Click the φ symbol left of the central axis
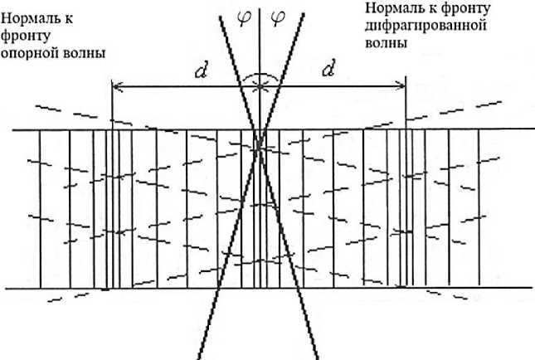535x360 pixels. pyautogui.click(x=243, y=17)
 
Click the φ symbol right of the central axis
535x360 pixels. pyautogui.click(x=277, y=17)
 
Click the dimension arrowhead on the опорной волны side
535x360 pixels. pyautogui.click(x=115, y=85)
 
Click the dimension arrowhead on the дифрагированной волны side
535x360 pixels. pyautogui.click(x=401, y=85)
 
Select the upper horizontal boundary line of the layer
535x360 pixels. pyautogui.click(x=166, y=130)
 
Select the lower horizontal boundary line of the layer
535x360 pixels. pyautogui.click(x=166, y=288)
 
